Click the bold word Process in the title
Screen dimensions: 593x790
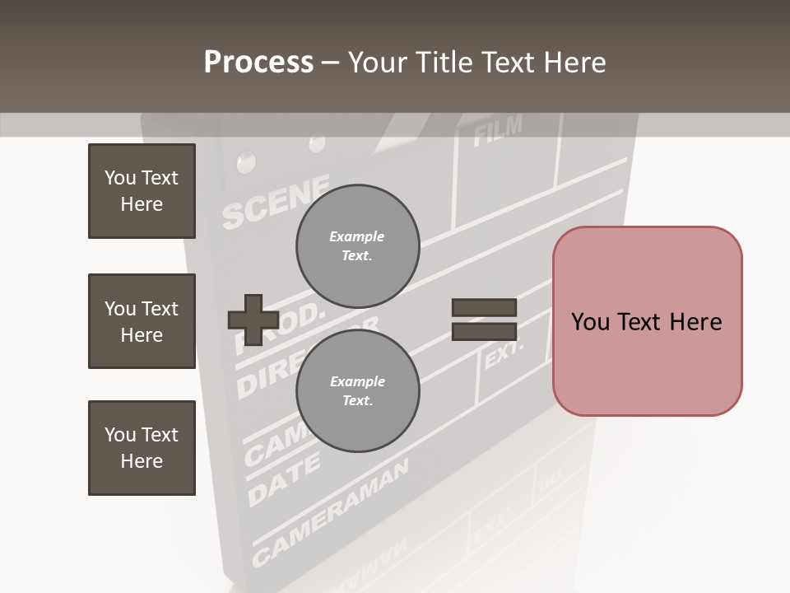click(x=258, y=62)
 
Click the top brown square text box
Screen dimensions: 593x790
click(x=142, y=191)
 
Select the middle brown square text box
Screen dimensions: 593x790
click(x=142, y=321)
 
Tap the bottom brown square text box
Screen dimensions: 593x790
click(x=142, y=448)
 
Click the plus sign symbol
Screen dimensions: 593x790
click(x=253, y=320)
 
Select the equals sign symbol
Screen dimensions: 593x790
click(x=484, y=320)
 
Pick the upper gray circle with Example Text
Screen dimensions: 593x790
click(x=357, y=245)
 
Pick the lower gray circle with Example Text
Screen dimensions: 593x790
click(x=357, y=390)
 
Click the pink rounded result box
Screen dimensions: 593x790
click(x=647, y=321)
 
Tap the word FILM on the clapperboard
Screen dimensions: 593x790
click(x=498, y=130)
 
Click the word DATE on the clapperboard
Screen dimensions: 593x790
click(x=283, y=480)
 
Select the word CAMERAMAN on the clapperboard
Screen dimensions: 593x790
click(x=329, y=511)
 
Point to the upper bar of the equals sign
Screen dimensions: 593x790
click(x=484, y=307)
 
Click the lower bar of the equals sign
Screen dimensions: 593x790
click(x=484, y=331)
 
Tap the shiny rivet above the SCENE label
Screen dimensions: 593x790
click(x=244, y=161)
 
